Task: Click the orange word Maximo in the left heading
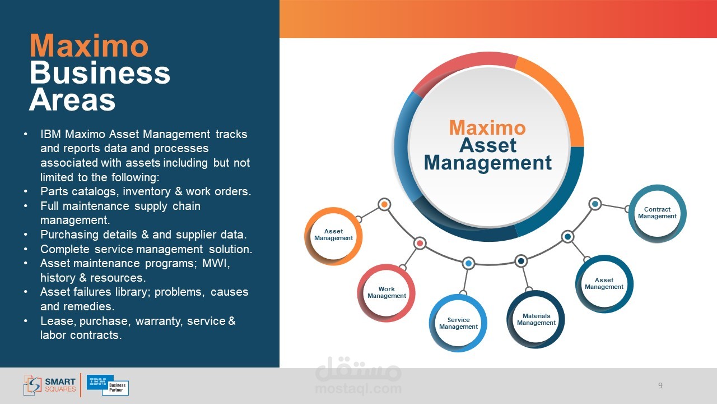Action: [x=89, y=46]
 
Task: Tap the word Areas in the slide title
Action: [x=72, y=100]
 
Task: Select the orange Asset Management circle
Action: [x=333, y=235]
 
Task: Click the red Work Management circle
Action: [x=387, y=293]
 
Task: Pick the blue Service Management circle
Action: [x=458, y=323]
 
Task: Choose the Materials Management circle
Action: [x=536, y=319]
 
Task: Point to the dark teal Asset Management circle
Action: [x=604, y=283]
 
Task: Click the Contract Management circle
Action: [x=657, y=213]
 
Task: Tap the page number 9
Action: [x=660, y=385]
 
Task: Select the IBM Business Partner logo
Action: [x=108, y=385]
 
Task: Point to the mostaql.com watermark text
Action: [x=358, y=388]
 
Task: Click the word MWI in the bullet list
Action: [x=216, y=263]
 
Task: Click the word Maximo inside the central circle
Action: [x=487, y=128]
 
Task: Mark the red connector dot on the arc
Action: [x=420, y=243]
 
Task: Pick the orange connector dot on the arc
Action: [x=384, y=204]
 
